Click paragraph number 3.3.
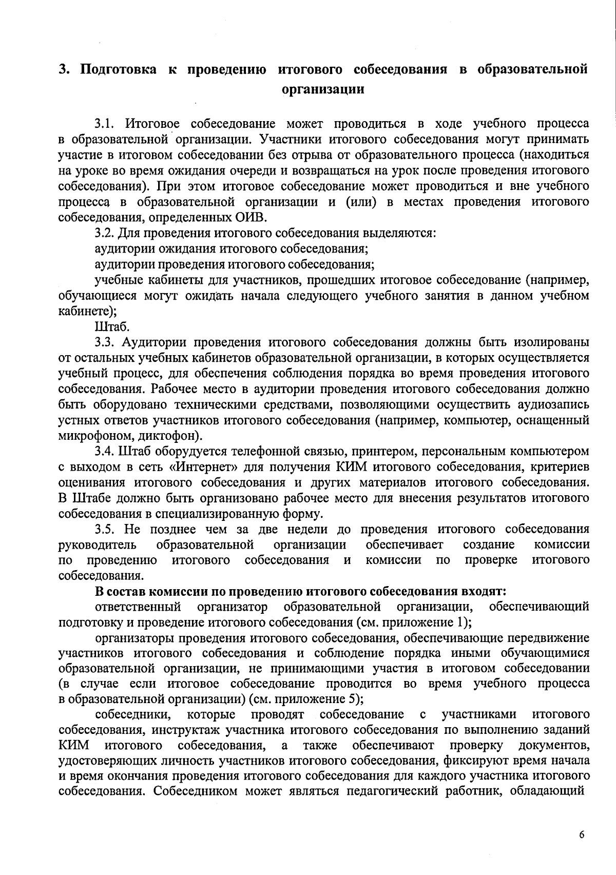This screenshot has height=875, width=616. pos(106,342)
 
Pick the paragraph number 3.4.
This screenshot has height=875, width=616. pos(106,452)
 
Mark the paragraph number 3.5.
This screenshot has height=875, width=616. pos(106,529)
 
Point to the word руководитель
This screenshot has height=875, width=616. pos(98,545)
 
